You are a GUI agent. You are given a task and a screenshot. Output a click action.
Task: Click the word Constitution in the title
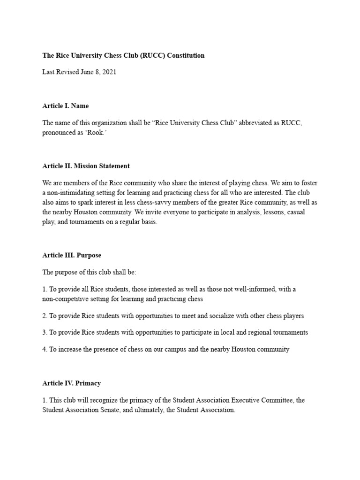[186, 55]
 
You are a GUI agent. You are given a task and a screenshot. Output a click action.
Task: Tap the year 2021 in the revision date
[108, 72]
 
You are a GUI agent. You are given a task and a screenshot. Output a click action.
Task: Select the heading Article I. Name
[65, 106]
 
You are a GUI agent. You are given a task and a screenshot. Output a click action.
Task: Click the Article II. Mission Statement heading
[86, 166]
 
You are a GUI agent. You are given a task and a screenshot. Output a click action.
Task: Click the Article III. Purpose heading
[72, 255]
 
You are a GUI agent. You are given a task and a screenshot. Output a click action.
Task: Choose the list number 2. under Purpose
[45, 316]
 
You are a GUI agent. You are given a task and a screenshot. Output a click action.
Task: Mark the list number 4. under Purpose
[45, 349]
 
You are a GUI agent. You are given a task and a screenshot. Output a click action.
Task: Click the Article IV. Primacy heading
[71, 383]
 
